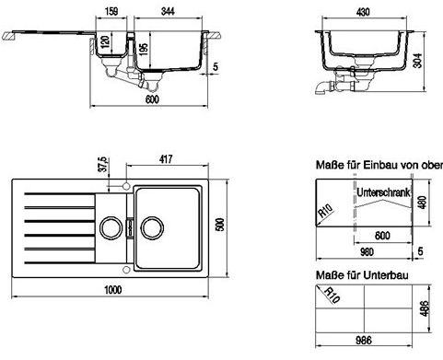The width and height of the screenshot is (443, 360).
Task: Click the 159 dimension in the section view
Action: [x=111, y=11]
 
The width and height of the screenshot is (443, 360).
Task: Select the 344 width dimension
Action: [x=168, y=11]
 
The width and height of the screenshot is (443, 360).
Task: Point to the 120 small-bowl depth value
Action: [x=105, y=41]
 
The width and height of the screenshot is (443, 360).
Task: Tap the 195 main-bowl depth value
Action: [x=144, y=49]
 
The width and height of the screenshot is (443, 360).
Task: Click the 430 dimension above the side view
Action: [x=363, y=12]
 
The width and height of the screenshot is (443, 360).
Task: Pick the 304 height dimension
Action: [x=417, y=61]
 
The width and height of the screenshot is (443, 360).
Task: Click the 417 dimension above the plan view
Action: [x=166, y=159]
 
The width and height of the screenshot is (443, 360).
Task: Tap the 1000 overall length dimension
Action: [x=113, y=290]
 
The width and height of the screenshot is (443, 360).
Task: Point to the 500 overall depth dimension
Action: [x=220, y=225]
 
